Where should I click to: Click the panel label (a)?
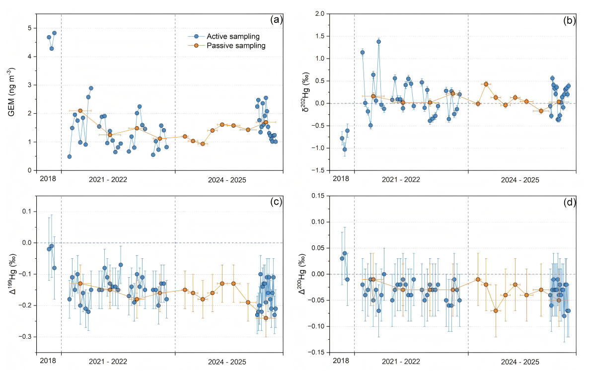(x=276, y=20)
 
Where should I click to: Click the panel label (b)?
(x=569, y=20)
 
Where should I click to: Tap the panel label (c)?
(x=276, y=201)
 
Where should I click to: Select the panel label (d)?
(x=569, y=201)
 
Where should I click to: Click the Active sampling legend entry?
(x=226, y=36)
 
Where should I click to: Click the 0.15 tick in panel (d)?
(x=319, y=196)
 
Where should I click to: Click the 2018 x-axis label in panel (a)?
(x=48, y=179)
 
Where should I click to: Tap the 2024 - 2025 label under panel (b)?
(x=519, y=179)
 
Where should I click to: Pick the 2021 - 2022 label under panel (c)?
(x=108, y=360)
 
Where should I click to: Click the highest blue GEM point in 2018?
(x=54, y=33)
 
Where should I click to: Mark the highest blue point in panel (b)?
(x=378, y=42)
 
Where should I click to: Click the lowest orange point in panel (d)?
(x=496, y=310)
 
